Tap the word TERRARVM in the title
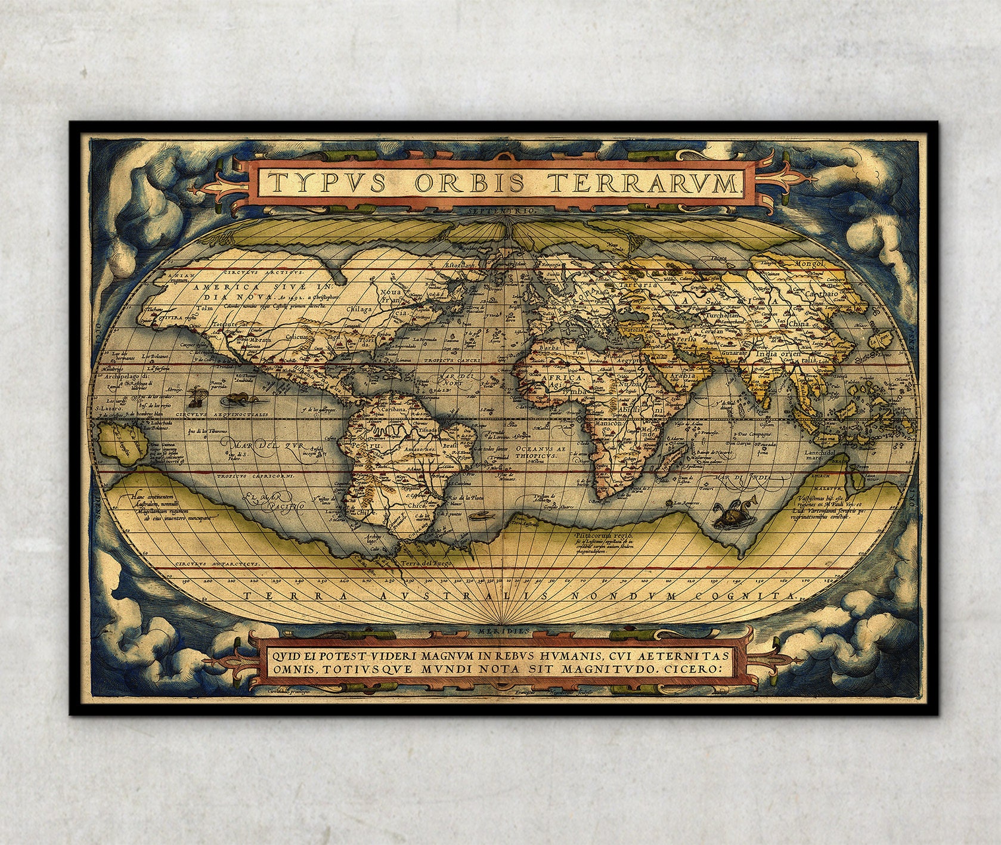643,182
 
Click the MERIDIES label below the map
507,630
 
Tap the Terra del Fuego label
427,562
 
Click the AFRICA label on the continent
561,377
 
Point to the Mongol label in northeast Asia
808,263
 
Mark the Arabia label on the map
684,377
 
